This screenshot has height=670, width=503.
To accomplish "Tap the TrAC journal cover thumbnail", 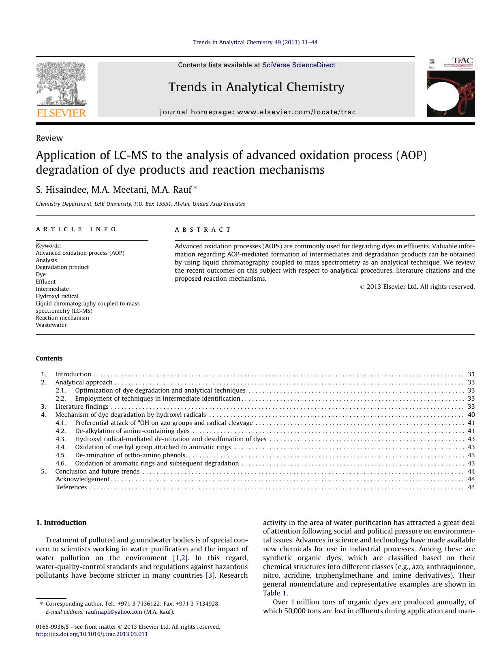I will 450,87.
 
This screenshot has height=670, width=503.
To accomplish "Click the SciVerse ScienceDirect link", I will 299,65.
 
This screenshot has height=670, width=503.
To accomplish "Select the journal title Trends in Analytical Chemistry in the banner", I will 256,87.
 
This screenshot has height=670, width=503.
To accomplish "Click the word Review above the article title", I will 49,138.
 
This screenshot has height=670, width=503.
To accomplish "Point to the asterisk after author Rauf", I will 195,188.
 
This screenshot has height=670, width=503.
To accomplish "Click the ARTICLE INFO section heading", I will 76,229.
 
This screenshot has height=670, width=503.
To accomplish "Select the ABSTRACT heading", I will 203,230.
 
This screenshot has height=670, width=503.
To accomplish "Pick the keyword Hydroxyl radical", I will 57,296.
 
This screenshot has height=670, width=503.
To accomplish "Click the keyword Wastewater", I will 51,325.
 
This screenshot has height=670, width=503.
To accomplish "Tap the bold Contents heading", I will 49,358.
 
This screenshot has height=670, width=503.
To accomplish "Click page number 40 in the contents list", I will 471,415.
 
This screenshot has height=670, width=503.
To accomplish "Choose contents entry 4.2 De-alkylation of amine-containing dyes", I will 132,431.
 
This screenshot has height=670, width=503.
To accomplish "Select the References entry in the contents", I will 71,487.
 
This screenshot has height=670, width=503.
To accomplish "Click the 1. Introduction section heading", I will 61,523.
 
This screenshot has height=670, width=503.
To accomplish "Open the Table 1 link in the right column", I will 274,593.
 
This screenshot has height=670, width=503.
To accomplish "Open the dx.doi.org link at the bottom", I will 92,634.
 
